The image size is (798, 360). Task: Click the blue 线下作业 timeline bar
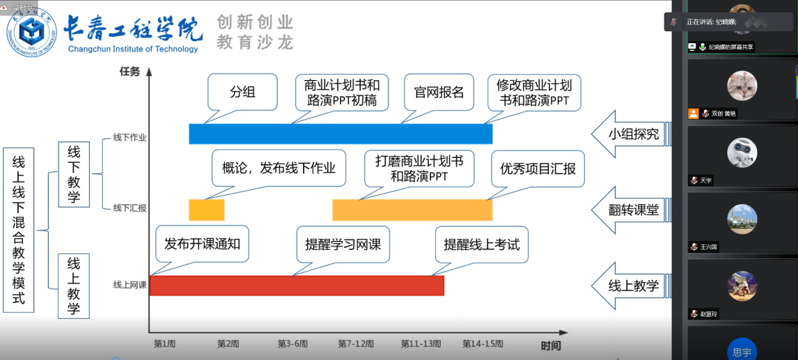click(x=341, y=134)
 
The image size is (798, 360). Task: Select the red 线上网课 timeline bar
click(x=297, y=285)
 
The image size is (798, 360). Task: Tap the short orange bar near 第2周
click(x=206, y=210)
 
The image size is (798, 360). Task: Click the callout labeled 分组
click(x=242, y=92)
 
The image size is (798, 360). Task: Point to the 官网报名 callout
click(x=439, y=92)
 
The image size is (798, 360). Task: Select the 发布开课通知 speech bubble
click(x=202, y=244)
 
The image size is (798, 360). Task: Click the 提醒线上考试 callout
click(x=481, y=244)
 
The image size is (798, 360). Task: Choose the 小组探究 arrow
click(x=631, y=134)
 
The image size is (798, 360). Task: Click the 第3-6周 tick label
click(x=292, y=344)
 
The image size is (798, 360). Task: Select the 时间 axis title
click(x=550, y=345)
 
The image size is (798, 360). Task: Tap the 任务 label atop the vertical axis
click(x=130, y=71)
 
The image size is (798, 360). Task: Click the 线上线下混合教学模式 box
click(x=19, y=230)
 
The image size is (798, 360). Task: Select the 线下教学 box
click(x=74, y=174)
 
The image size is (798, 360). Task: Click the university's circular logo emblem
click(x=31, y=31)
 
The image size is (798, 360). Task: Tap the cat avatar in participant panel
click(x=742, y=86)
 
